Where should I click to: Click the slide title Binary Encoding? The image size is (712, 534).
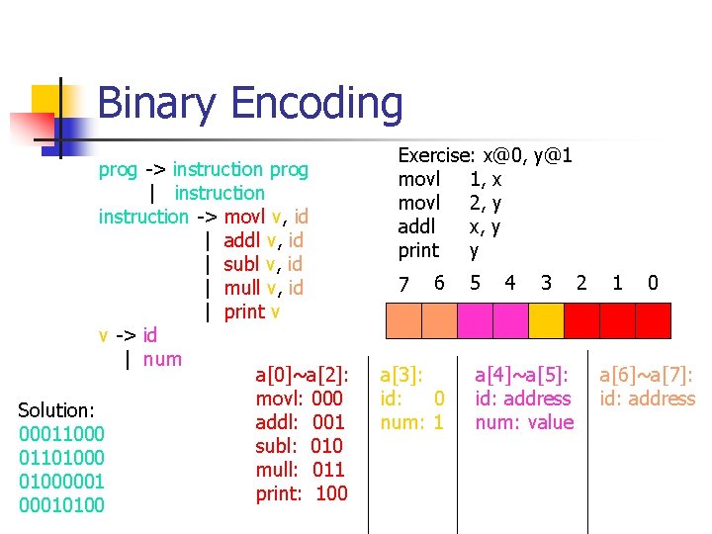(250, 103)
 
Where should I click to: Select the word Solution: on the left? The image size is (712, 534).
(56, 409)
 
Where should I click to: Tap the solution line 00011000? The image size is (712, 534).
(61, 433)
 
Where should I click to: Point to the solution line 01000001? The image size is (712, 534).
(61, 481)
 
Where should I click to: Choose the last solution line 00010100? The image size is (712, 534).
(61, 504)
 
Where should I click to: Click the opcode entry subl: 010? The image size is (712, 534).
(299, 445)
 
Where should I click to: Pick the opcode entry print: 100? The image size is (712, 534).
(301, 492)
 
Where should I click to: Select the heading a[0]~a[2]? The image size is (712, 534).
(302, 375)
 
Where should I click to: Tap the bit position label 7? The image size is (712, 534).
(403, 284)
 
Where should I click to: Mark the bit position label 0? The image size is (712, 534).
(653, 283)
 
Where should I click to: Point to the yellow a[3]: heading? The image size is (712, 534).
(401, 375)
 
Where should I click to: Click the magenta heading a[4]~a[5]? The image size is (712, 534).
(522, 375)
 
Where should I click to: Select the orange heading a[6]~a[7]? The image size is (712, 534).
(646, 375)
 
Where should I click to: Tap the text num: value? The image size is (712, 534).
(523, 422)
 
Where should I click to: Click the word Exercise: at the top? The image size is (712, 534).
(435, 155)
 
